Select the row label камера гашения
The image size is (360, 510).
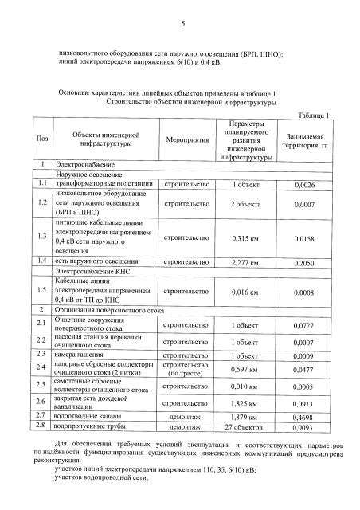pyautogui.click(x=81, y=355)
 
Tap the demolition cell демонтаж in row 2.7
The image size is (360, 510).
pyautogui.click(x=187, y=416)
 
